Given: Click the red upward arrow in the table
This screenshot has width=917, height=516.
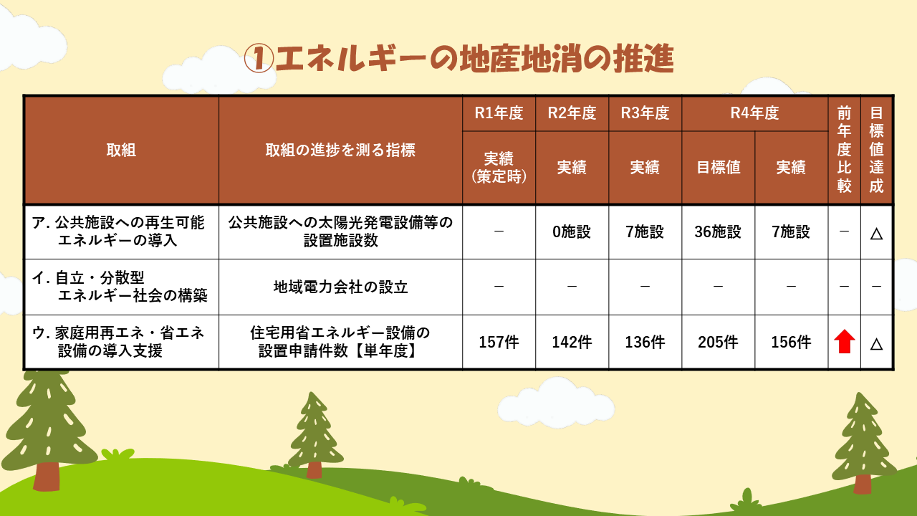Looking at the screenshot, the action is [844, 341].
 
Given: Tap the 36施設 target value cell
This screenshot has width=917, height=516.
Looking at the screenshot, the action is [718, 231].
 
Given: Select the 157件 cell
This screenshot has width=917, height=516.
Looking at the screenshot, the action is [499, 342].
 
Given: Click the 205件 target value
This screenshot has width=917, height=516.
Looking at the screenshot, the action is [718, 342].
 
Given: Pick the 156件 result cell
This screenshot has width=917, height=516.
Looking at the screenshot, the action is [791, 342].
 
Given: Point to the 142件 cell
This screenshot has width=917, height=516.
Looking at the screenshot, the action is [572, 342].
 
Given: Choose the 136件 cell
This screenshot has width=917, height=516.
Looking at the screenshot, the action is [645, 342].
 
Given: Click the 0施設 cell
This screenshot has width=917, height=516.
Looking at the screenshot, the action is [572, 231].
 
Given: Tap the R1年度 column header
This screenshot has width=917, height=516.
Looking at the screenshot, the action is [499, 113].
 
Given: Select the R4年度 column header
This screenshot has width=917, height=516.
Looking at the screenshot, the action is [754, 113].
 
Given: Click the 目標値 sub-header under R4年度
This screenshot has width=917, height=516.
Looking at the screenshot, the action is [719, 167].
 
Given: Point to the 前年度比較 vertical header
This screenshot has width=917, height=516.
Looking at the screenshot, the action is [844, 149].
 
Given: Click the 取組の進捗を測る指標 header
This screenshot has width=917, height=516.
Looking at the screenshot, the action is [340, 150].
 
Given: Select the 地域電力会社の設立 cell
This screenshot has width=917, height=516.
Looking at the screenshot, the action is [340, 287].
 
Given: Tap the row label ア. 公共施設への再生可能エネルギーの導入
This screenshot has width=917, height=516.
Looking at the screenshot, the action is [118, 231].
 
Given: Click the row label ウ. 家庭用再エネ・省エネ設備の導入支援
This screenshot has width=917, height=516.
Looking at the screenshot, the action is [118, 342].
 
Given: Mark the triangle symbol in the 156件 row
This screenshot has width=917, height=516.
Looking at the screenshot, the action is [876, 344].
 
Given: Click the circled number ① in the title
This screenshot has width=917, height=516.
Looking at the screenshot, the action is [259, 59].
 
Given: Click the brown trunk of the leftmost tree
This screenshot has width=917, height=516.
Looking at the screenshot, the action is [47, 476].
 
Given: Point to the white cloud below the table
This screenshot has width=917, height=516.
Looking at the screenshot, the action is [555, 403].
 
